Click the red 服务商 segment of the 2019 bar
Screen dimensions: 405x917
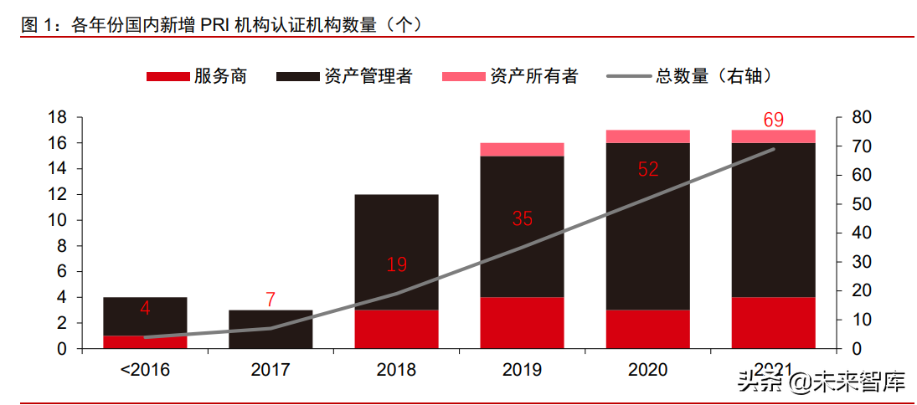[x=522, y=322]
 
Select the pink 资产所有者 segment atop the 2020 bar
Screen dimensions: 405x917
[x=647, y=136]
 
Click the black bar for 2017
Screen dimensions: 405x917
[x=270, y=329]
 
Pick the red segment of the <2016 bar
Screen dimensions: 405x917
[x=145, y=341]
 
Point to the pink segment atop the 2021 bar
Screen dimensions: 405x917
[x=773, y=136]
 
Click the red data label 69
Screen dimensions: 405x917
[x=773, y=120]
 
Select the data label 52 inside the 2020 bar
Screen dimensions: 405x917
[x=648, y=169]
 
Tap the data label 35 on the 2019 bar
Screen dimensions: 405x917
[x=523, y=219]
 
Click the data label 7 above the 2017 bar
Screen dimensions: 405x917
[x=270, y=299]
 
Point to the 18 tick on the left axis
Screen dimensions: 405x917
[x=56, y=117]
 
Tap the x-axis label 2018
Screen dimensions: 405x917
[x=396, y=369]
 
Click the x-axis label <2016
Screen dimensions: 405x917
[x=145, y=369]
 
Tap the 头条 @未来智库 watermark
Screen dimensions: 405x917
[x=821, y=383]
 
